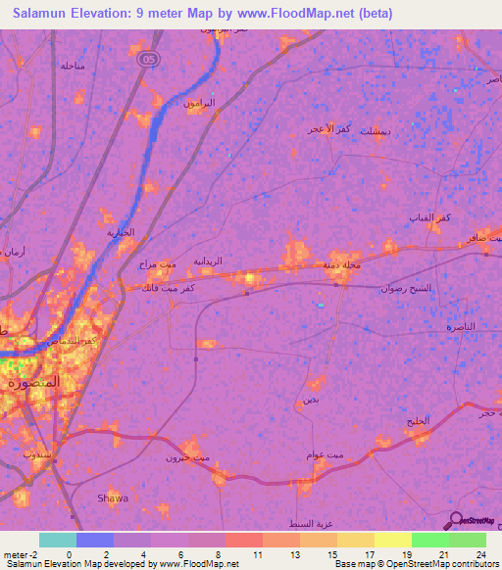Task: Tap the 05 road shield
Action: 147,59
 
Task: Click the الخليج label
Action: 418,421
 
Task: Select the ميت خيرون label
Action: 183,457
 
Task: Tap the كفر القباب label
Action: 430,216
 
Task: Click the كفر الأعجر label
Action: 328,129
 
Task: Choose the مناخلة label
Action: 74,66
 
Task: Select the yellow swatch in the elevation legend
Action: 392,540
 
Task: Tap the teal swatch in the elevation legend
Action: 58,540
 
